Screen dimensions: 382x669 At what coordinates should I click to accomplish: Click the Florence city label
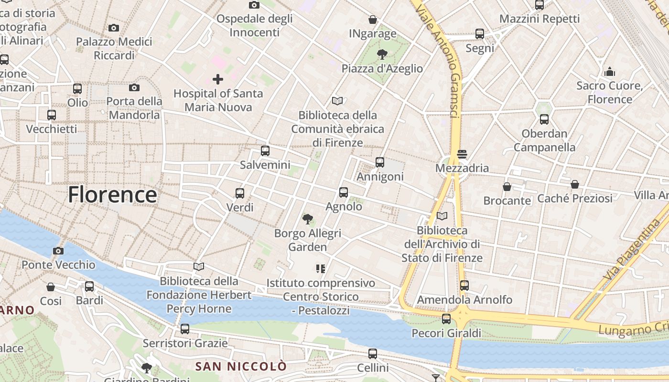112,195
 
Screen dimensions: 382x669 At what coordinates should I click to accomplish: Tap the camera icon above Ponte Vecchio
58,251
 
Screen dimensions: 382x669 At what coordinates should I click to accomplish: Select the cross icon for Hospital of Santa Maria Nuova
218,79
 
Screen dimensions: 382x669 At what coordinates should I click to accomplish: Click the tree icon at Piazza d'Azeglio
382,54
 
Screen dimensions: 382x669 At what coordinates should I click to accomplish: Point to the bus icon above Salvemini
265,151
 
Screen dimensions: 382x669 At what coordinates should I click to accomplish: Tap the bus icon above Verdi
240,193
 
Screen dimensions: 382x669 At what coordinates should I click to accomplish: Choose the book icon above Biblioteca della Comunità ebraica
337,101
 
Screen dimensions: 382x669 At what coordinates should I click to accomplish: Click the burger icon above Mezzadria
462,154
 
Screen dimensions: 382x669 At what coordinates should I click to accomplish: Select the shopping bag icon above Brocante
507,187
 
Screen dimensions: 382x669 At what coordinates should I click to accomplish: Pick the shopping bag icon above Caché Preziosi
575,184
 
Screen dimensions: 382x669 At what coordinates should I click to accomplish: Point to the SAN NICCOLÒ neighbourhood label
241,367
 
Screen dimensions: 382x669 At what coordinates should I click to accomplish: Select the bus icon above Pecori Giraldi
446,319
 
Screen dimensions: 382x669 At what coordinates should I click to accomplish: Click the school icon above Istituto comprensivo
321,269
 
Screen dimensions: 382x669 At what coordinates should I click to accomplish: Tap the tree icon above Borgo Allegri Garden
308,219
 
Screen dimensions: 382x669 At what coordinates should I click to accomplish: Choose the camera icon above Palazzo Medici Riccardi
114,28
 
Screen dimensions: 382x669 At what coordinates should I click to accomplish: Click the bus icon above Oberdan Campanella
544,119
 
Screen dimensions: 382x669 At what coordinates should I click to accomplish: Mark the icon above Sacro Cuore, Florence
609,72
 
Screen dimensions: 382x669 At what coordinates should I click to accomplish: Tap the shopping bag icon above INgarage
373,20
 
